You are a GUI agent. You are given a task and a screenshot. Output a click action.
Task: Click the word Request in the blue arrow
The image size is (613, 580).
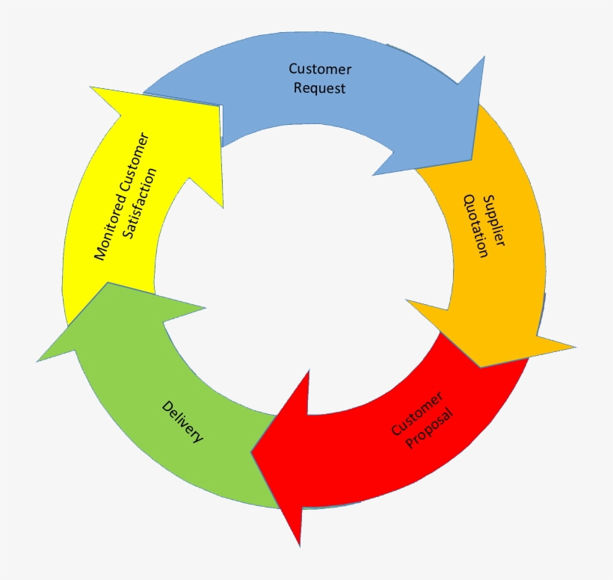click(x=320, y=88)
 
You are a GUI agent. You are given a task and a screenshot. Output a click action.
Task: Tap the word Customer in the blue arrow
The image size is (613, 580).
click(x=320, y=70)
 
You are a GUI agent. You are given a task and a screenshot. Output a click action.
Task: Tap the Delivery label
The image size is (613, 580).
click(x=182, y=422)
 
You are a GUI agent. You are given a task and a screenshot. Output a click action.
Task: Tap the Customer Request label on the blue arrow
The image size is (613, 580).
click(x=320, y=78)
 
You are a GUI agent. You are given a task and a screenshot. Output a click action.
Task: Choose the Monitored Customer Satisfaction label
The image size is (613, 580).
click(x=126, y=197)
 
